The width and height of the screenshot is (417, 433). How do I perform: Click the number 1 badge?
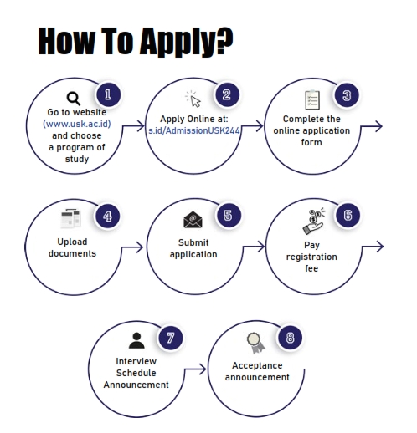pos(108,94)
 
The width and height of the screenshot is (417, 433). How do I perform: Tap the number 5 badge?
pos(228,215)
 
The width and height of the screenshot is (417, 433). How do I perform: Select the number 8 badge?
pos(290,338)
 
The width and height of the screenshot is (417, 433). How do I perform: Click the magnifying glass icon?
pos(74,99)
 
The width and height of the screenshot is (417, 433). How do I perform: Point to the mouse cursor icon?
pos(193,99)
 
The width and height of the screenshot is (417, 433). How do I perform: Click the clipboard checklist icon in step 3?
pos(312,99)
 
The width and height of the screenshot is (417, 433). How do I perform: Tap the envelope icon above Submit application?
pos(193,220)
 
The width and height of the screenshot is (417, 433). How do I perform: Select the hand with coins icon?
pos(314,221)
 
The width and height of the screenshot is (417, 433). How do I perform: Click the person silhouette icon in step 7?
pos(136,340)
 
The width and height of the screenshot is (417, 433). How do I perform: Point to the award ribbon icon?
pos(255,343)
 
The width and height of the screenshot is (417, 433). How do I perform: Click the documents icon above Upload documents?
pos(71,218)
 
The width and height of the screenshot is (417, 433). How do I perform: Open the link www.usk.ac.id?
pos(77,124)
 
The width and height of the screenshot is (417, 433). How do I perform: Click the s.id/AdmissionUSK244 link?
pos(194,130)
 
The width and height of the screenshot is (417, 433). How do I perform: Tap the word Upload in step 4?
pos(72,242)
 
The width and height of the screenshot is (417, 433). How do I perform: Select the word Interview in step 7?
pos(136,361)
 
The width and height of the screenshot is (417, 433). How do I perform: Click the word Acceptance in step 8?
pos(257,365)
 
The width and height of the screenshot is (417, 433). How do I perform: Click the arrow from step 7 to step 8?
pos(194,369)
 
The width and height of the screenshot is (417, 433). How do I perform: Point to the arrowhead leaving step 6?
pos(380,247)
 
